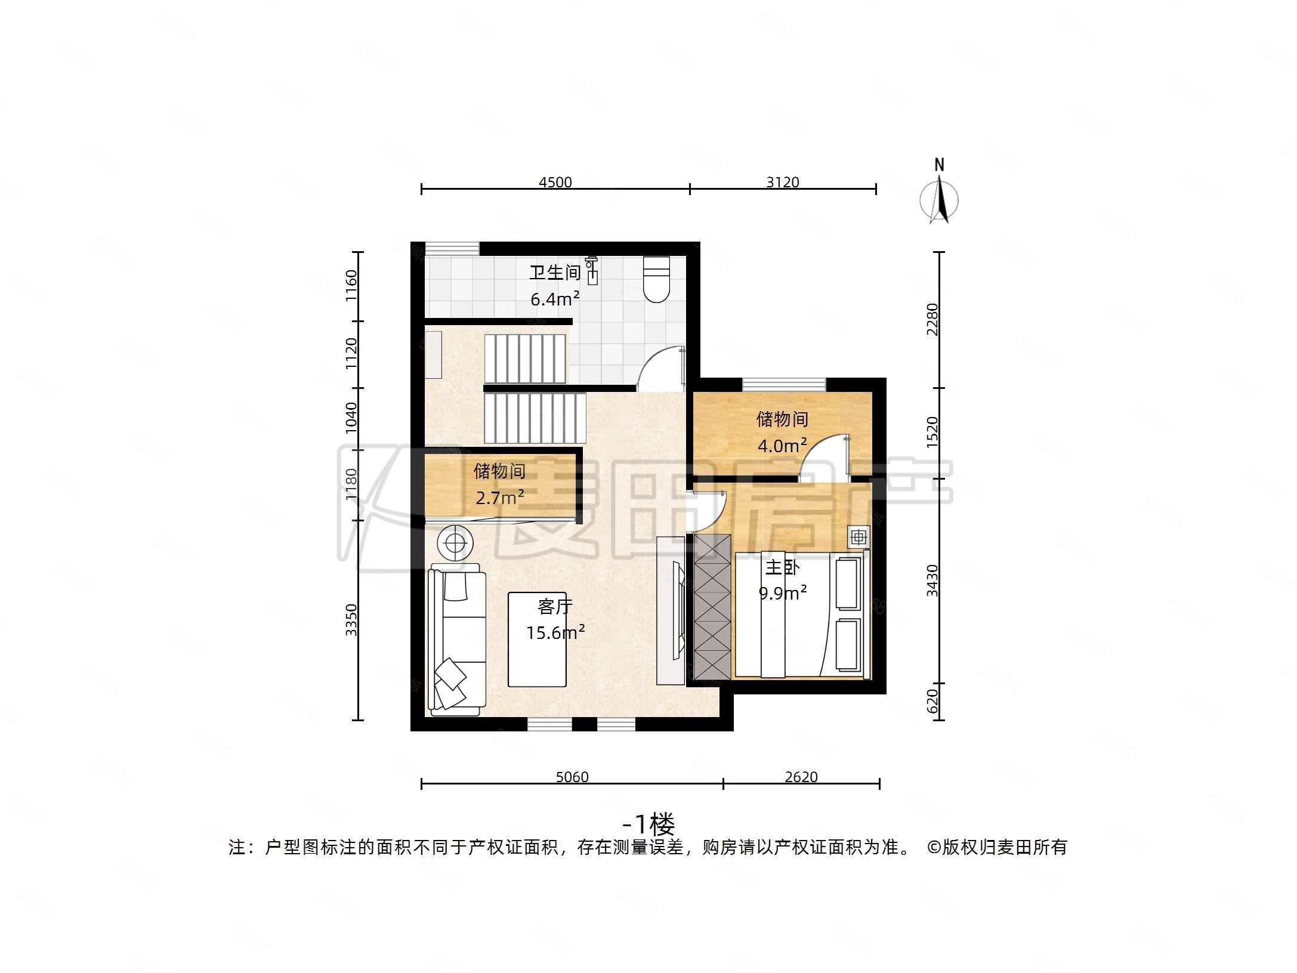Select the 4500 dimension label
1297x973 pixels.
coord(555,182)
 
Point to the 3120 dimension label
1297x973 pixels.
coord(782,182)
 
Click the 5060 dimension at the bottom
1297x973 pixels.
coord(572,777)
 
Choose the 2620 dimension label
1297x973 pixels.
coord(801,777)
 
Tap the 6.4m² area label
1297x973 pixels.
coord(555,299)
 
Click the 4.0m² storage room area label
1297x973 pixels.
coord(782,446)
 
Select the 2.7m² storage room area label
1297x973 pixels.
coord(499,497)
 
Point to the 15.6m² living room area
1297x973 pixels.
coord(555,632)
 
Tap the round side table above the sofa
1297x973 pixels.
coord(455,543)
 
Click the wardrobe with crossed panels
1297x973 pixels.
coord(712,607)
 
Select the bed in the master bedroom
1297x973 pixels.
coord(799,614)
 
